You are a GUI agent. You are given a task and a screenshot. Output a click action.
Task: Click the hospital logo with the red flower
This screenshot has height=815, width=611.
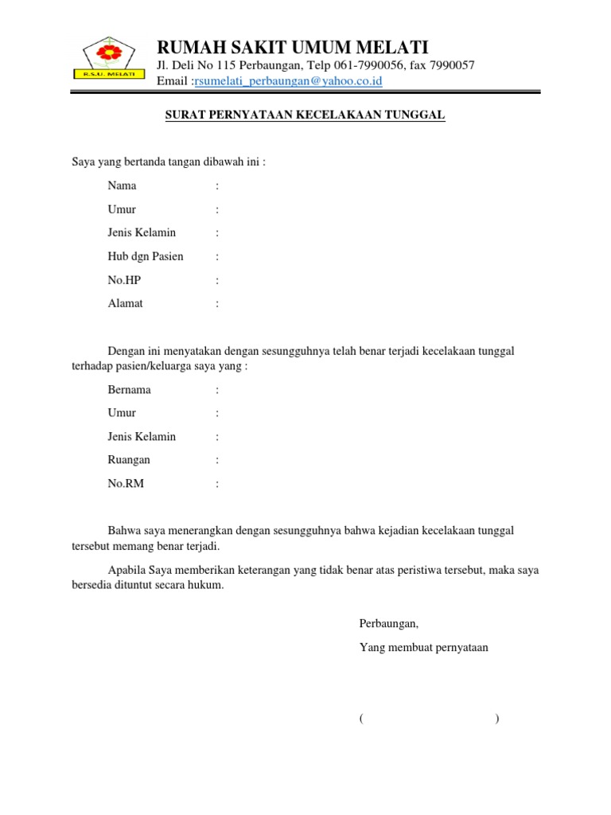(x=110, y=58)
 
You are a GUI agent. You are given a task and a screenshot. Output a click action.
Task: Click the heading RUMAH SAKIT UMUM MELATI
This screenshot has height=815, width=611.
(x=292, y=46)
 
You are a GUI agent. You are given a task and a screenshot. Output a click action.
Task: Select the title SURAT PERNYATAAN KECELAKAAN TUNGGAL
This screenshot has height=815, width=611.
(x=305, y=115)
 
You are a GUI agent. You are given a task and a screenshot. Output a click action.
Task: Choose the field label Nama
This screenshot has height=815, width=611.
(x=122, y=185)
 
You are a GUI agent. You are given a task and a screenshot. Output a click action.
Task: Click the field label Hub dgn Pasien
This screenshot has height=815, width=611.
(x=146, y=256)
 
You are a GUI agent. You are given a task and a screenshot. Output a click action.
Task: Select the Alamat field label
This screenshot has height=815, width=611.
(x=126, y=303)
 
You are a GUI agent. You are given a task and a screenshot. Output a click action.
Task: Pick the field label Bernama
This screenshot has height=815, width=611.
(x=130, y=390)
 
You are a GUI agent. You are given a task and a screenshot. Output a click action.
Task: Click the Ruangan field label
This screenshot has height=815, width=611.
(x=129, y=460)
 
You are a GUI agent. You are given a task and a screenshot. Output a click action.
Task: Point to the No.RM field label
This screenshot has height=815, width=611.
(x=126, y=483)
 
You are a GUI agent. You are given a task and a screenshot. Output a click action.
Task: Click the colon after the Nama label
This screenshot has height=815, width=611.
(x=216, y=186)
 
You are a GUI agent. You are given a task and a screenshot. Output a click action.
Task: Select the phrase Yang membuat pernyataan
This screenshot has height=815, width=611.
(x=424, y=647)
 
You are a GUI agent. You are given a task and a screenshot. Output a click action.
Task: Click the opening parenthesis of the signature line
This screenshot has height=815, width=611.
(x=361, y=719)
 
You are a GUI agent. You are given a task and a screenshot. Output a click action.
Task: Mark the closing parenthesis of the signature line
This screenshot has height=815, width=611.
(x=496, y=719)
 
